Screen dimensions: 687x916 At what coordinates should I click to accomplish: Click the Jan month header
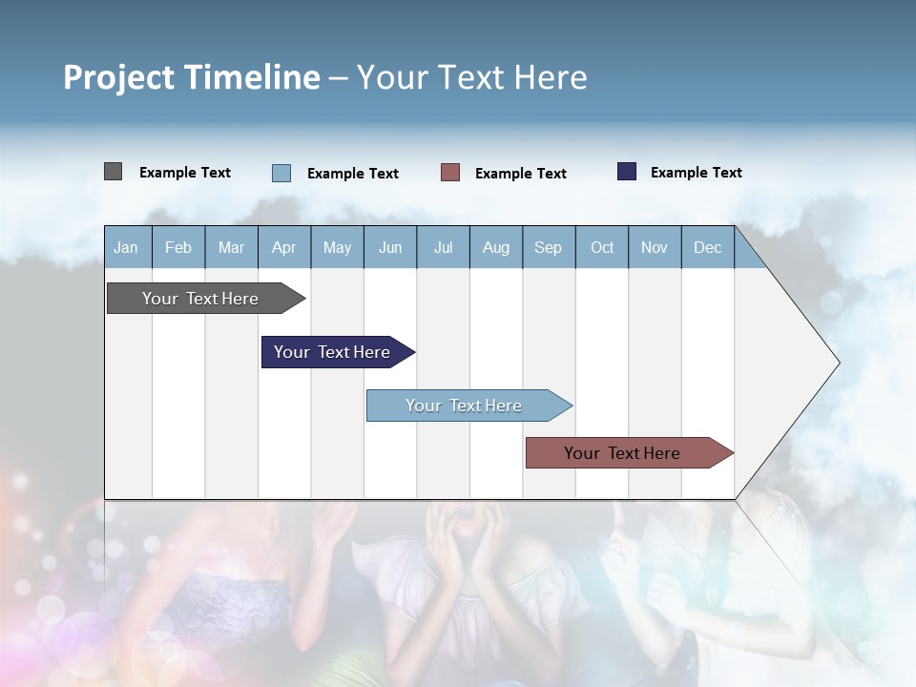point(127,247)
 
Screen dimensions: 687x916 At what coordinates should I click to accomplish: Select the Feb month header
point(178,247)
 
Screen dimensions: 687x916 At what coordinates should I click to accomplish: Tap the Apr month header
point(284,247)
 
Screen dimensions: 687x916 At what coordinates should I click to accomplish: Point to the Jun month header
point(390,247)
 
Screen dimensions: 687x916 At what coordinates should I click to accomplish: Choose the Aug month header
point(496,247)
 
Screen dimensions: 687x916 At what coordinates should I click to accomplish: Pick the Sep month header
point(549,247)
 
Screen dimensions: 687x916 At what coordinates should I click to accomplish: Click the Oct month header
point(602,247)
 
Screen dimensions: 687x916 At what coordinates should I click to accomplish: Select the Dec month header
point(708,247)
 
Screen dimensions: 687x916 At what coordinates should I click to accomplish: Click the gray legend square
point(113,172)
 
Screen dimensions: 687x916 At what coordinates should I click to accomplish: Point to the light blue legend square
point(281,173)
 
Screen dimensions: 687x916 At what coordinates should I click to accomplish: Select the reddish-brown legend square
point(450,173)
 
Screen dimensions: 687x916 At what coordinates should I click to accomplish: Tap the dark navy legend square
point(627,172)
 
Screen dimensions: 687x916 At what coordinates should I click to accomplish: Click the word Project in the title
point(119,77)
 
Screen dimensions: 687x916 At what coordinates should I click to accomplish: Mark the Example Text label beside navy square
point(696,173)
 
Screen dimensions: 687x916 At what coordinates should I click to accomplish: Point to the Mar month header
point(231,247)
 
